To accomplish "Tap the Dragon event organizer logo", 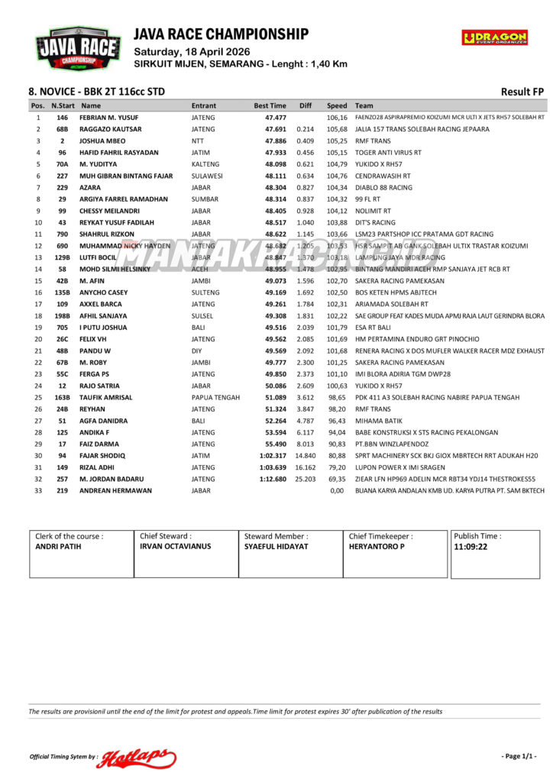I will tap(494, 37).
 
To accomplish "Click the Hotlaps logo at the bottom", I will tap(136, 757).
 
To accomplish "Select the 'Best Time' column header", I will tap(270, 105).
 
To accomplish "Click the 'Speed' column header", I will tap(337, 105).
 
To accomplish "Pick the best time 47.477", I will tap(276, 118).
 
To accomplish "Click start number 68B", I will tap(63, 129).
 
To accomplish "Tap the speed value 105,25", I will tap(337, 141).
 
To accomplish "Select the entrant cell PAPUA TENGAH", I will tap(215, 397).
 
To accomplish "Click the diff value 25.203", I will tap(305, 479).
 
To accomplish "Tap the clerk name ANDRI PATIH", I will tap(58, 547).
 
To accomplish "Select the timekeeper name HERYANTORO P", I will tap(377, 547).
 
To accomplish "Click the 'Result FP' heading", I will tap(522, 92).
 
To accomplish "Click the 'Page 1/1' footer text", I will tap(519, 756).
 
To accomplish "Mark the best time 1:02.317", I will tap(273, 455).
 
